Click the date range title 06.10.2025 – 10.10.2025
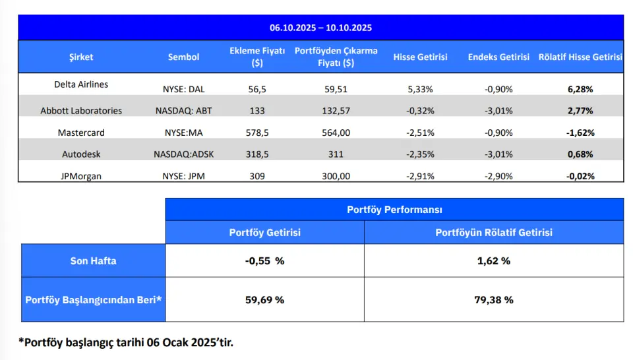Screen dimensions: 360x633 pyautogui.click(x=320, y=28)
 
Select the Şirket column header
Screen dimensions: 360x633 pyautogui.click(x=81, y=57)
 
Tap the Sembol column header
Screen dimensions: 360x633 pyautogui.click(x=183, y=57)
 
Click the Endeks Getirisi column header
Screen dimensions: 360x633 pyautogui.click(x=498, y=57)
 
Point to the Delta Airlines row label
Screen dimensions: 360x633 pyautogui.click(x=81, y=84)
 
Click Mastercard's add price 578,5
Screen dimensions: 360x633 pyautogui.click(x=256, y=133)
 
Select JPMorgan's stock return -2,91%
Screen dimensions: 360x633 pyautogui.click(x=420, y=176)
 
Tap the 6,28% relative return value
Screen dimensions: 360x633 pyautogui.click(x=580, y=89)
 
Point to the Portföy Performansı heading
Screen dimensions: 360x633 pyautogui.click(x=394, y=210)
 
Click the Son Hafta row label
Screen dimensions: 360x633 pyautogui.click(x=93, y=260)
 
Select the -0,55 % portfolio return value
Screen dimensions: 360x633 pyautogui.click(x=264, y=260)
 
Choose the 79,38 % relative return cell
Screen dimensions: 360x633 pyautogui.click(x=493, y=299)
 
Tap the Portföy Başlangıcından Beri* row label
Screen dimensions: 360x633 pyautogui.click(x=93, y=299)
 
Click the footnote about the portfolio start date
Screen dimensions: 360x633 pyautogui.click(x=125, y=342)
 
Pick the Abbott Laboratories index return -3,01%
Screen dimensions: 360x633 pyautogui.click(x=498, y=110)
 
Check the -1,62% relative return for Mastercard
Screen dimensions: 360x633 pyautogui.click(x=580, y=133)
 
